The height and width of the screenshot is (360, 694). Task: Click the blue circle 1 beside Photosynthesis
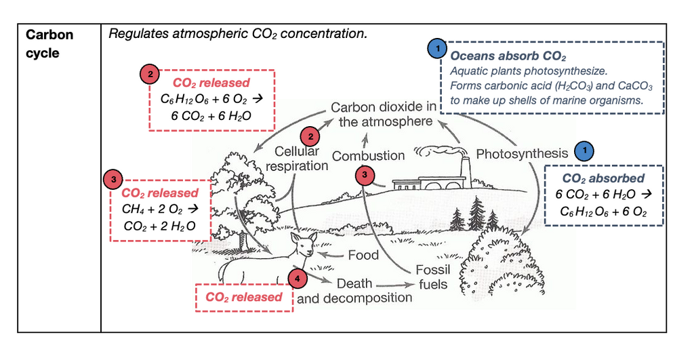pos(584,151)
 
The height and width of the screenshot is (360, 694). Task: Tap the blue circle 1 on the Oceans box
pos(437,48)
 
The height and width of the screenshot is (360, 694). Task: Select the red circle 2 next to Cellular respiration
pos(310,136)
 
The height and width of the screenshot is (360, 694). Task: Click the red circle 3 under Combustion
pos(365,175)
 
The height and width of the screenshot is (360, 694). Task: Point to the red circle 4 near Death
pos(298,279)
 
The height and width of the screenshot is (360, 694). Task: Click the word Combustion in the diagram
pos(368,156)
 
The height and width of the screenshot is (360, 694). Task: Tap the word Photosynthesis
pos(522,154)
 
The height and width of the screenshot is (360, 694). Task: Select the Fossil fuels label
pos(432,277)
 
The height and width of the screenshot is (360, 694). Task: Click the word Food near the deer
pos(363,255)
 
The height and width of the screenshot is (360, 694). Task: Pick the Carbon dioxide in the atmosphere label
pos(384,115)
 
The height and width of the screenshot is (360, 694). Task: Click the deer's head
pos(305,245)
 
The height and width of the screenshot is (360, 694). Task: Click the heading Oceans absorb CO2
pos(508,56)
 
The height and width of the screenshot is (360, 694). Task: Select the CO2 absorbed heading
pos(603,178)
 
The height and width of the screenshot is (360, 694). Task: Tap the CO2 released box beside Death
pos(244,298)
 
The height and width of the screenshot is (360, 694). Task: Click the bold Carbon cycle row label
pos(49,43)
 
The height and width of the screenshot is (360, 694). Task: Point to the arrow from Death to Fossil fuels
pos(394,285)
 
